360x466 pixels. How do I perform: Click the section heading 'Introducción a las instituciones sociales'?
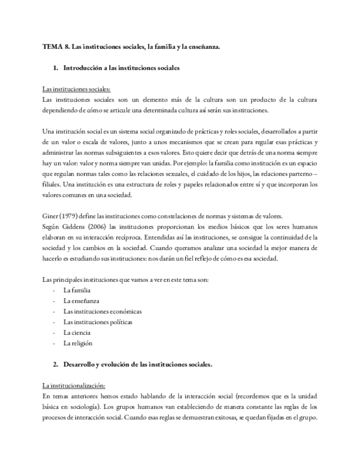(x=121, y=68)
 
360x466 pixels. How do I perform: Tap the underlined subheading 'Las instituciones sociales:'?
(x=76, y=90)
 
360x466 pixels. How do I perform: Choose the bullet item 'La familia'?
(x=77, y=290)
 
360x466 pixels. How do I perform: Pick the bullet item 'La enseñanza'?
(x=81, y=301)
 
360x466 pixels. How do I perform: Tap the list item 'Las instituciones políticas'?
(x=98, y=322)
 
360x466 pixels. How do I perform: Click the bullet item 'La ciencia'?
(x=77, y=332)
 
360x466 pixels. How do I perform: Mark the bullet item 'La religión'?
(x=78, y=343)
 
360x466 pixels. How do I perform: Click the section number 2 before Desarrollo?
(x=56, y=364)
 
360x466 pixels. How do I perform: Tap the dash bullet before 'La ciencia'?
(x=54, y=332)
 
